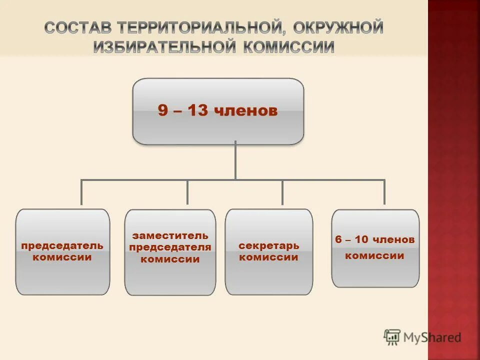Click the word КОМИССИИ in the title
288,46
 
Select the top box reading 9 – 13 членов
218,111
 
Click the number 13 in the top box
198,110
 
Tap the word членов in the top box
246,110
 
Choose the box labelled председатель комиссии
62,251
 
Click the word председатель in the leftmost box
62,245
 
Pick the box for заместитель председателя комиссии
170,252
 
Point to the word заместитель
170,235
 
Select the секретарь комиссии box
269,251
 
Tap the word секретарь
269,245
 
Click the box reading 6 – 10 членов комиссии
375,248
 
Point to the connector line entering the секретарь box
282,192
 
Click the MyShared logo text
433,337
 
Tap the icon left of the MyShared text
392,337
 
